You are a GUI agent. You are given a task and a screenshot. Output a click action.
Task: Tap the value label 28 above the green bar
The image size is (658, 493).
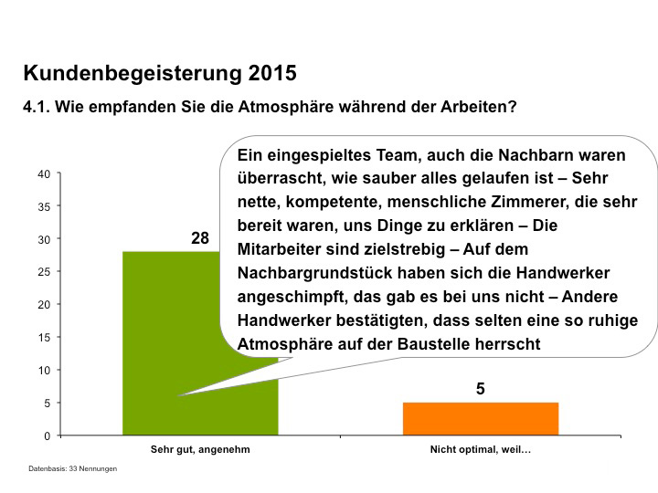(x=200, y=238)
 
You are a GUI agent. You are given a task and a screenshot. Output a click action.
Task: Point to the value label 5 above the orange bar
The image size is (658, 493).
(x=480, y=389)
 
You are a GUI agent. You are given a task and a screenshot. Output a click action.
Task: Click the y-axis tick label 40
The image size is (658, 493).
(x=43, y=173)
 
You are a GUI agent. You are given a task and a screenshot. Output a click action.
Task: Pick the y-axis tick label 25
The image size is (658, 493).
(x=43, y=272)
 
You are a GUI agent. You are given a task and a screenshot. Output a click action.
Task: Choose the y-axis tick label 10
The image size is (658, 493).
(x=43, y=370)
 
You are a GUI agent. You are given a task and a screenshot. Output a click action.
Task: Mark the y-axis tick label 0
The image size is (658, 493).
(x=46, y=435)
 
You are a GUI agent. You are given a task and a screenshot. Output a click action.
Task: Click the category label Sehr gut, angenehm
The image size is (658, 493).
(x=200, y=450)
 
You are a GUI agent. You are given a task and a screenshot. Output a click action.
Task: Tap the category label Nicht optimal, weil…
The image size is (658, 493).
(x=480, y=450)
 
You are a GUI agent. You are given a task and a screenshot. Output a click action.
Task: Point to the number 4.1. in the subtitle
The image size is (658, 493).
(x=37, y=107)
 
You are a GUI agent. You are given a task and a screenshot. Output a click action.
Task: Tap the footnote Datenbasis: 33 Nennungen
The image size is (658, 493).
(x=72, y=468)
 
